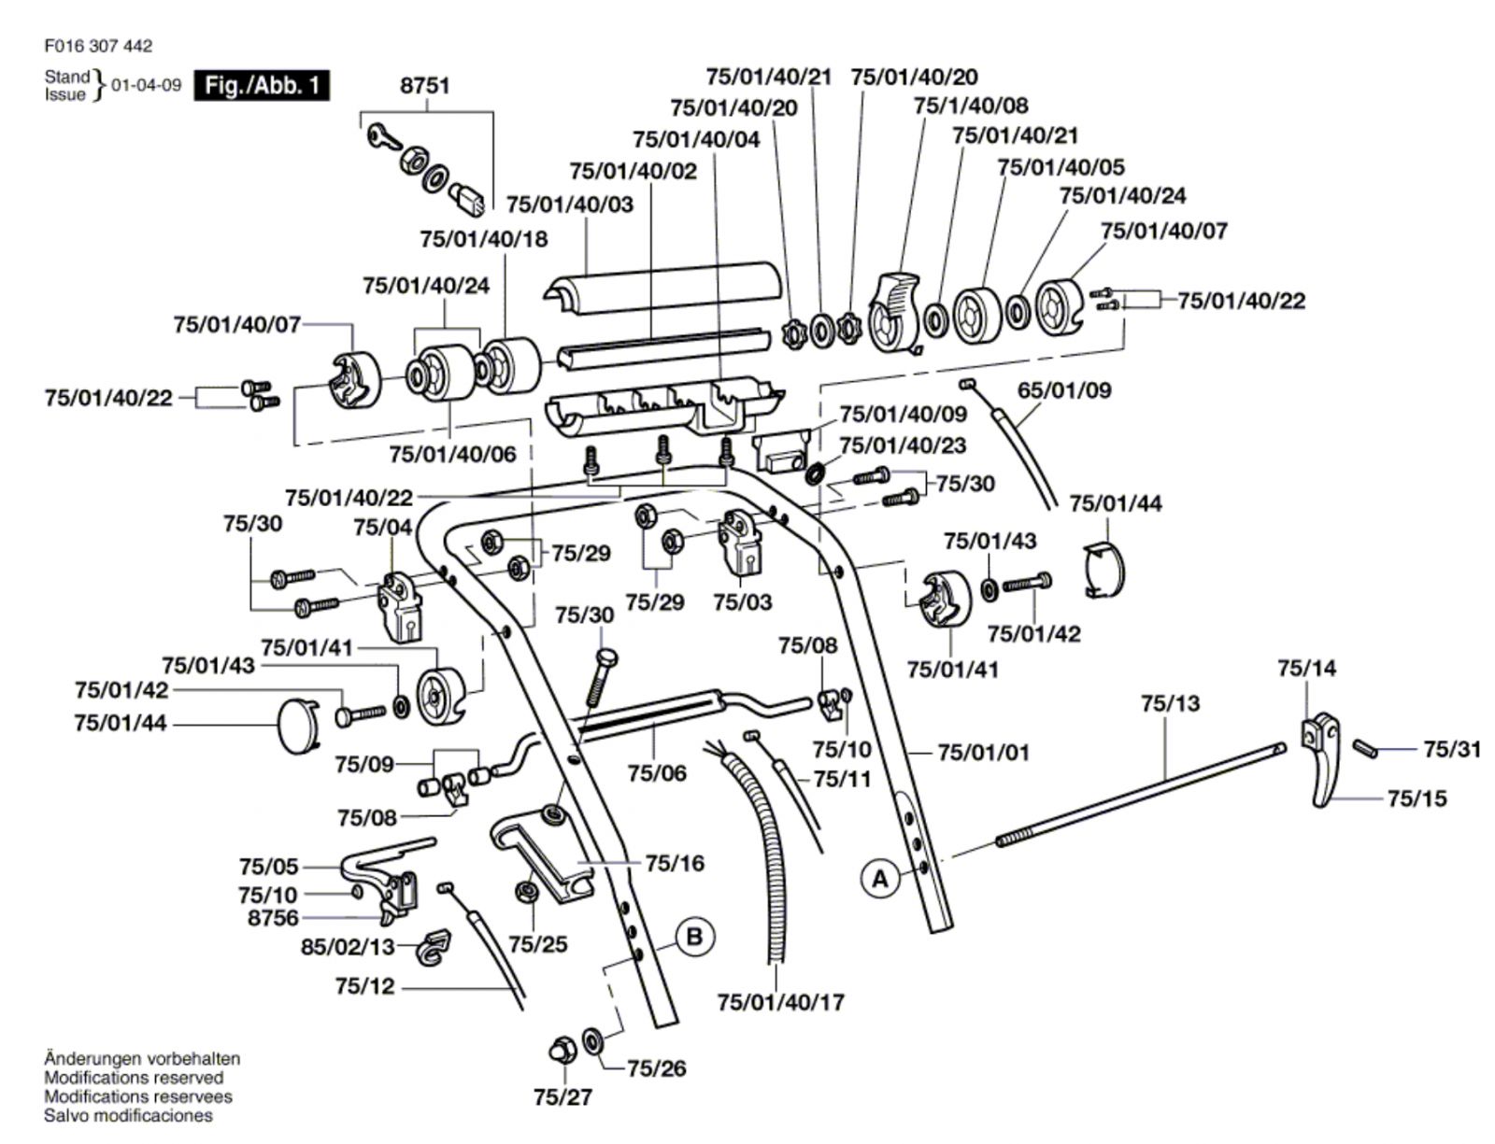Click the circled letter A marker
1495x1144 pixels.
[880, 879]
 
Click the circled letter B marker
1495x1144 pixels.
[694, 936]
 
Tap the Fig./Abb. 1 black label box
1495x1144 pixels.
[262, 86]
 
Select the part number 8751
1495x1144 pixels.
[425, 86]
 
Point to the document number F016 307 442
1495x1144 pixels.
[97, 46]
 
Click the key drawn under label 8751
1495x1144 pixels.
[384, 137]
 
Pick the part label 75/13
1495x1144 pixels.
[1170, 703]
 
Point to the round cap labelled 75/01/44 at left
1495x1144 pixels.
[298, 725]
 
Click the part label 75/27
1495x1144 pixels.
[562, 1097]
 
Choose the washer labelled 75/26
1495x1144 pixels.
[592, 1038]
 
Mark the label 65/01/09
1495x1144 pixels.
[1064, 389]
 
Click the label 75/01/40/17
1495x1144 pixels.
[780, 1002]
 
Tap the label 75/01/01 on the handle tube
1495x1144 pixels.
[983, 752]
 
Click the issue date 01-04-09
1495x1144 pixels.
[147, 85]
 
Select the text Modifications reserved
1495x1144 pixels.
[134, 1078]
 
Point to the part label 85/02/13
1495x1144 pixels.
[348, 947]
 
